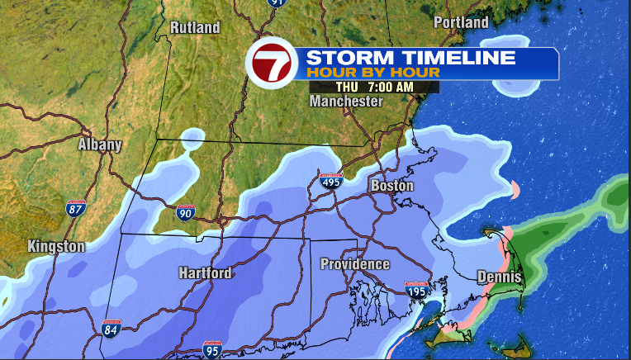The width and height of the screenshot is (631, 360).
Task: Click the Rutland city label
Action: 195,28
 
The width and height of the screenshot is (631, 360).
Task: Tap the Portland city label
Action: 461,23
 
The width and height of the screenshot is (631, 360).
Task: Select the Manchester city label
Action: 346,102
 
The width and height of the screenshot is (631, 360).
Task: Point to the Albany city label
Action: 100,145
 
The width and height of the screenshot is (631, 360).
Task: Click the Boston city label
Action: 391,186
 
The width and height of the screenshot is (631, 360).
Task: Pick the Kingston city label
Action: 56,247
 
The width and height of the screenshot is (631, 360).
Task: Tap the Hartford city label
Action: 205,273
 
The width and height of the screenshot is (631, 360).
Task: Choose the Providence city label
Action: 355,264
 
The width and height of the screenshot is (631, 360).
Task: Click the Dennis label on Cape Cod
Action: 500,277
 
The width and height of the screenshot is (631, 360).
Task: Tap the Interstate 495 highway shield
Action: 331,181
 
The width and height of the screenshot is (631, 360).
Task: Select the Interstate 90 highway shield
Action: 185,214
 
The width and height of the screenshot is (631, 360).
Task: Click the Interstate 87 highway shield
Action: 76,208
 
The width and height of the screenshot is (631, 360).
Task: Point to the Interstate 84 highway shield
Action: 111,329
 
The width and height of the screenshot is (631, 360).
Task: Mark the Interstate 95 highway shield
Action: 211,350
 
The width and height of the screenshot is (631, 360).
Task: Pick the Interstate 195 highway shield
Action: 415,290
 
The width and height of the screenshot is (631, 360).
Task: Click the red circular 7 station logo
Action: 273,64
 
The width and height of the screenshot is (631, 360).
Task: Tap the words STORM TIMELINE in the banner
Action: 410,58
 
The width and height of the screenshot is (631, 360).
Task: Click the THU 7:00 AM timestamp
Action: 374,87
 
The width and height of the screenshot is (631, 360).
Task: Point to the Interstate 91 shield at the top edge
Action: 275,3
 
